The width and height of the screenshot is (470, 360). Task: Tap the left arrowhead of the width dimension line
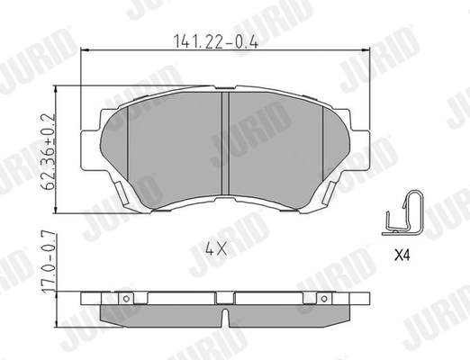(x=86, y=52)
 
